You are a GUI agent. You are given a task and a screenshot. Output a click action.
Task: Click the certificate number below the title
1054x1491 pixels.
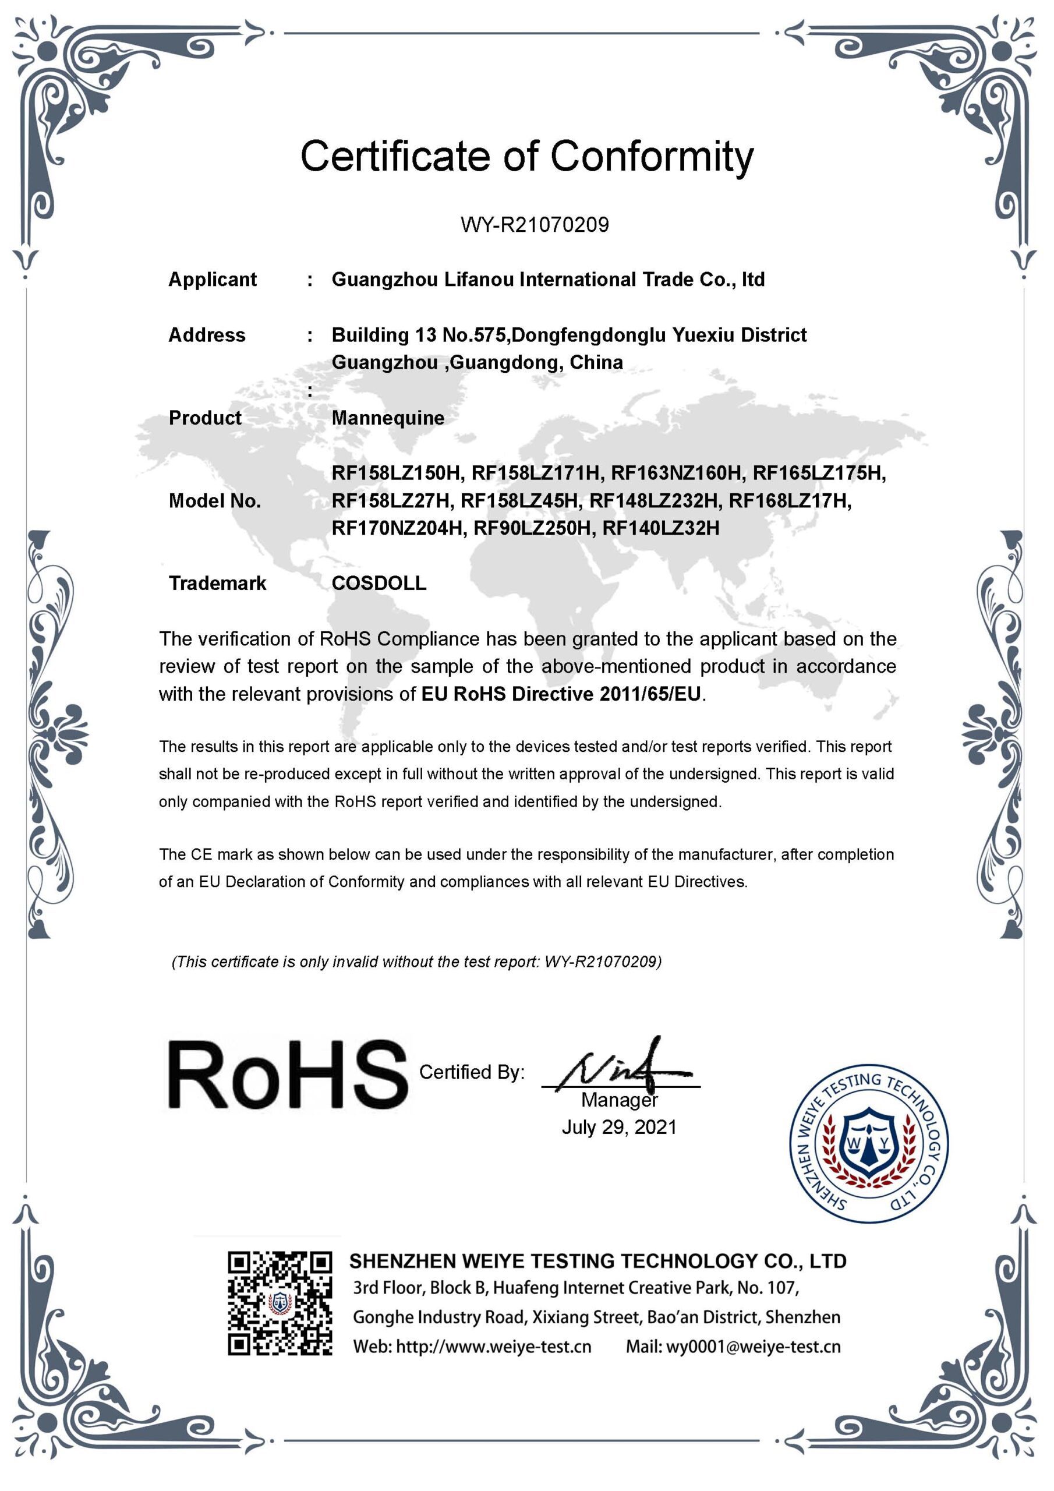click(535, 225)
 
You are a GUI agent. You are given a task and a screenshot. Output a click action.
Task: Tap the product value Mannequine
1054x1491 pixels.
click(388, 418)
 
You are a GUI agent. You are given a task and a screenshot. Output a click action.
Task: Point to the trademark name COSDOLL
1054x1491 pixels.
click(379, 583)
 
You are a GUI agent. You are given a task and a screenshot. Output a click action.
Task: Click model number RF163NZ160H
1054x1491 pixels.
click(676, 473)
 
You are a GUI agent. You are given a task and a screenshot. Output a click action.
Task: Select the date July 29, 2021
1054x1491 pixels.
click(619, 1126)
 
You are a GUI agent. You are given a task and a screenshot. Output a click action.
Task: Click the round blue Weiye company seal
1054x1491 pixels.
click(868, 1143)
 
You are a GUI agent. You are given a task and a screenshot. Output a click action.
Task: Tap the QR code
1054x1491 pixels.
click(280, 1303)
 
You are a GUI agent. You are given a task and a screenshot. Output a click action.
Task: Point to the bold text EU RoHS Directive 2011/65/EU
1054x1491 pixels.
click(561, 694)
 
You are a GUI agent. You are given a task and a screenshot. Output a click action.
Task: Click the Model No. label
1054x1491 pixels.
click(214, 501)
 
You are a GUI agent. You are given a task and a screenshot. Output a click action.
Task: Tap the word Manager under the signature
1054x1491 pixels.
click(619, 1100)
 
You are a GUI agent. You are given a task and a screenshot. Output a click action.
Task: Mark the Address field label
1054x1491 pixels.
click(207, 335)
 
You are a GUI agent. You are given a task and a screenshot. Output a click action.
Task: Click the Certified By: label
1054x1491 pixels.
click(472, 1072)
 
